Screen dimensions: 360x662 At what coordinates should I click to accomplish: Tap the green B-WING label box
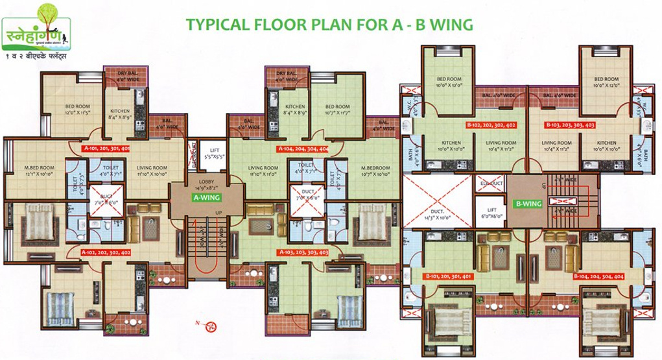pos(528,204)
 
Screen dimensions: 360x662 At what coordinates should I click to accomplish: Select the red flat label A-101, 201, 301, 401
pos(106,149)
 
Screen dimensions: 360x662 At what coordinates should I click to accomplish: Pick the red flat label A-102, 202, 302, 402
pos(106,252)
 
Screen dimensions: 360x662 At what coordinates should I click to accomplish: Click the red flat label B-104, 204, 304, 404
pos(598,276)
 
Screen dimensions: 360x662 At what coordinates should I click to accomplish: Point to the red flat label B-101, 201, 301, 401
pos(449,276)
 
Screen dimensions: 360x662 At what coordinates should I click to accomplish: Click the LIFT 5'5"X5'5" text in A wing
pos(215,154)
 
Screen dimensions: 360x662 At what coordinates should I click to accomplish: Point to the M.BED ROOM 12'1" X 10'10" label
pos(39,171)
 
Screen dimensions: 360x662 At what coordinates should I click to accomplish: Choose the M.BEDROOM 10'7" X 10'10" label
pos(376,171)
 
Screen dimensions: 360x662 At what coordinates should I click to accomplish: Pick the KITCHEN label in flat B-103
pos(606,146)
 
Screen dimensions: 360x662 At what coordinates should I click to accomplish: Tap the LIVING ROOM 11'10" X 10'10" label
pos(152,171)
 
